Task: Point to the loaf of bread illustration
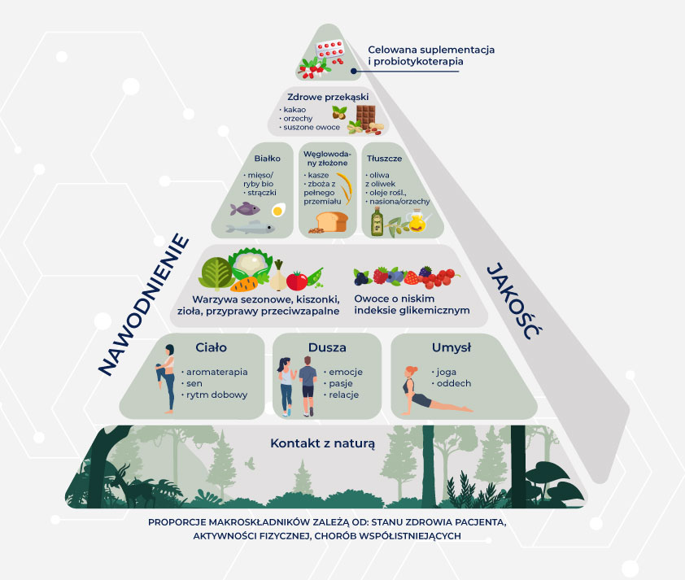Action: pos(332,220)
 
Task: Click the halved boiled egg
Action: pos(278,210)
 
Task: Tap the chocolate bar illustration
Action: pos(364,116)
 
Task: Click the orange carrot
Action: pos(244,284)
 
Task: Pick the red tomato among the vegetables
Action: pos(298,281)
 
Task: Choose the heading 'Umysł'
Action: pos(447,348)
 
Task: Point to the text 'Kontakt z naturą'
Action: pos(322,443)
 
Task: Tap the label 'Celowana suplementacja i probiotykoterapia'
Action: pos(430,56)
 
